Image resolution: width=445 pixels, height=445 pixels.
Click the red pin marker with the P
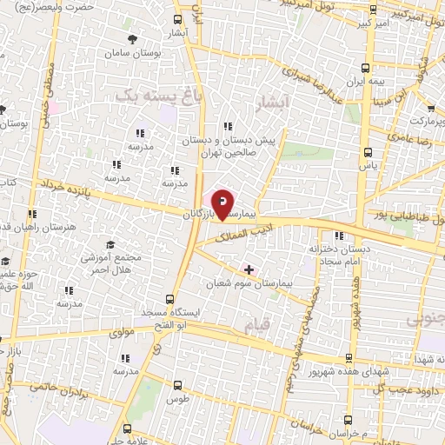[222, 203]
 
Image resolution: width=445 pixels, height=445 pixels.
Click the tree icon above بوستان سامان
[132, 38]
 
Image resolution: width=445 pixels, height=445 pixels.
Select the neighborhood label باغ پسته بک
[149, 96]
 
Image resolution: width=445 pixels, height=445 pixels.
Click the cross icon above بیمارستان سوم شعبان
[250, 269]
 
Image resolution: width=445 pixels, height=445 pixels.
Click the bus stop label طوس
[177, 400]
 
